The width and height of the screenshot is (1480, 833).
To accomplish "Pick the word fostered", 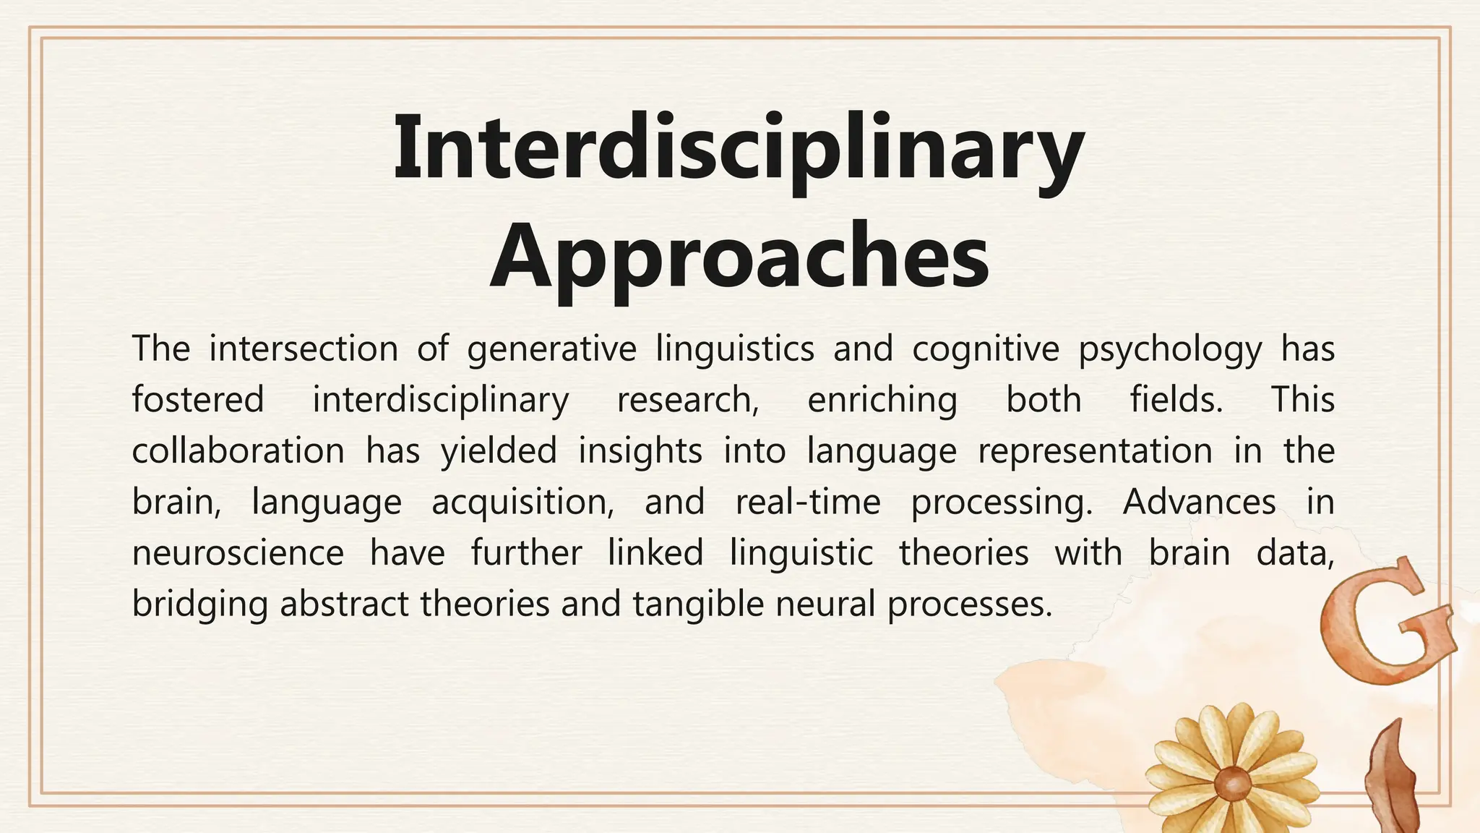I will (198, 400).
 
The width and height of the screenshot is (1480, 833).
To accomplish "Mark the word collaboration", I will (238, 451).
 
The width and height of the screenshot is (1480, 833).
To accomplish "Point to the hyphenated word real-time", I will (807, 502).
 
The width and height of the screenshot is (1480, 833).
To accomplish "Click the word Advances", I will (1199, 502).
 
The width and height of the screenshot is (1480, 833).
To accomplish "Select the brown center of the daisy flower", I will (1231, 783).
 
